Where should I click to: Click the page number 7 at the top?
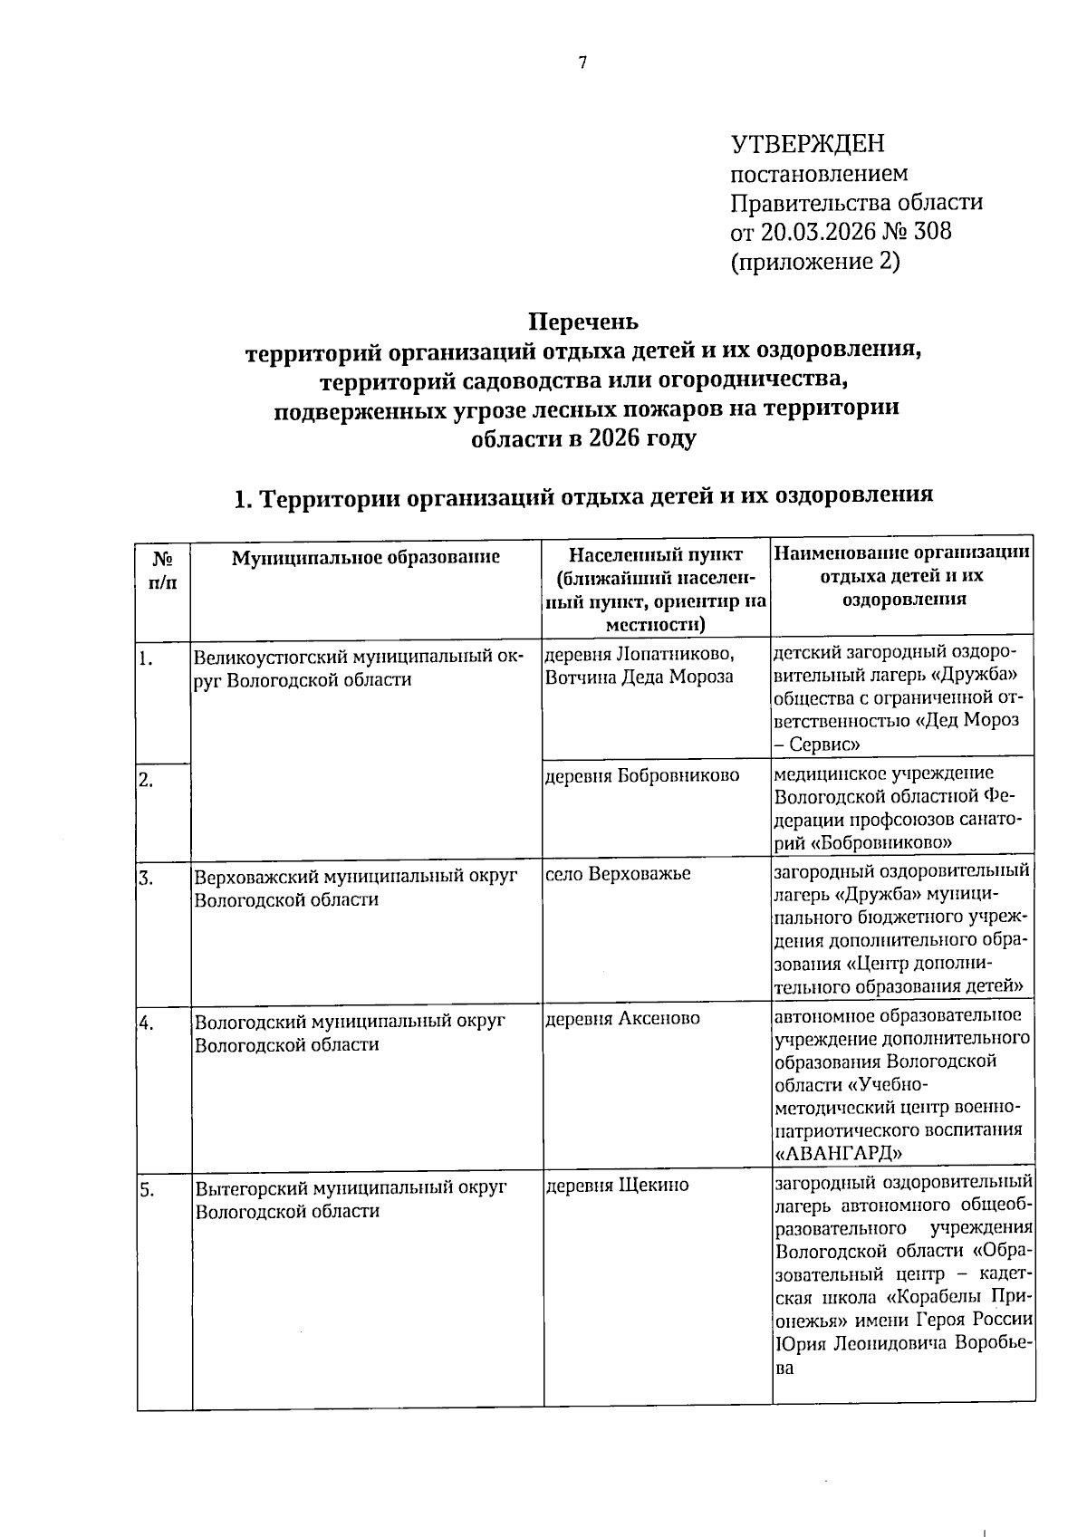coord(582,62)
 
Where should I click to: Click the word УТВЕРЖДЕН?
coord(807,144)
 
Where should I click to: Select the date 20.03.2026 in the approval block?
coord(818,232)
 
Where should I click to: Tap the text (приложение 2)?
coord(814,262)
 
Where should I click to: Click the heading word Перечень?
coord(583,322)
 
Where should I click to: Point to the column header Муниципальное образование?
coord(366,557)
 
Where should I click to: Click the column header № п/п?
coord(163,570)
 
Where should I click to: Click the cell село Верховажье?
coord(618,874)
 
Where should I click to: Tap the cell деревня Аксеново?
coord(623,1019)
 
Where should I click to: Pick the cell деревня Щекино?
coord(618,1186)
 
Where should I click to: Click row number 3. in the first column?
coord(146,878)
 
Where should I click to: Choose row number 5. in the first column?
coord(147,1190)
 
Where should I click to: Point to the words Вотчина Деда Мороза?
coord(640,677)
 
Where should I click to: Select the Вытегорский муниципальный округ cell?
coord(351,1198)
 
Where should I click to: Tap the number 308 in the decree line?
coord(933,232)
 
